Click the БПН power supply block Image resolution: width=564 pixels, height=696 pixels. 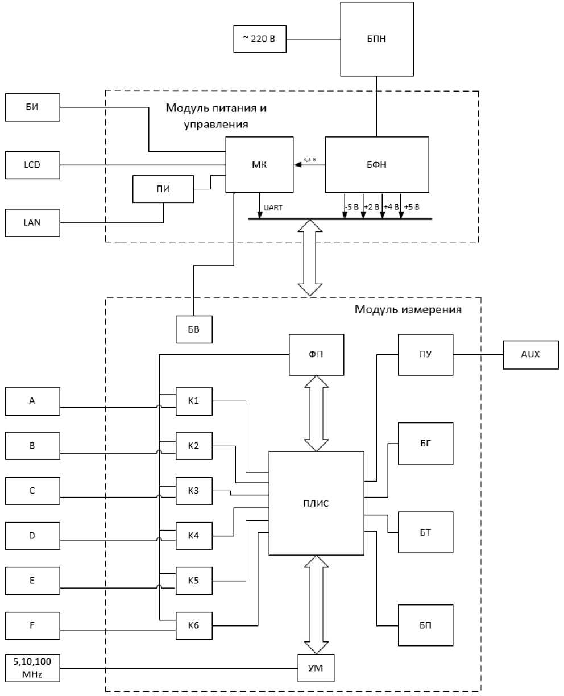(x=377, y=39)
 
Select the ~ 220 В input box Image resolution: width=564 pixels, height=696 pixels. (x=260, y=39)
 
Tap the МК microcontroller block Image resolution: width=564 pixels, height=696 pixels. (x=259, y=165)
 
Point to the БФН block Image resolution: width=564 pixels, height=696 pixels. (x=377, y=165)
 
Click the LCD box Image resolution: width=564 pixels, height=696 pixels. (x=32, y=165)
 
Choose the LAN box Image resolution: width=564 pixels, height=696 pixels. (x=32, y=223)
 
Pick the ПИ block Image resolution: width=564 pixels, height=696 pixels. (x=163, y=189)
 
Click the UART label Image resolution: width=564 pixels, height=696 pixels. (x=273, y=208)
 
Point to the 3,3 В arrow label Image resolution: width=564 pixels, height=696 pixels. (x=309, y=160)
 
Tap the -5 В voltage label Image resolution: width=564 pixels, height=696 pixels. (x=352, y=207)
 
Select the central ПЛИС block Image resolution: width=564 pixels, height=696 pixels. (x=316, y=503)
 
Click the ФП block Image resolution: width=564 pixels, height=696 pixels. (x=316, y=354)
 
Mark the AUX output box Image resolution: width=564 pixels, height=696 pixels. (x=531, y=355)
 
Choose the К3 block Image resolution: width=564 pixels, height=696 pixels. (x=194, y=491)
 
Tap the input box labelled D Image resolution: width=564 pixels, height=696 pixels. (x=32, y=536)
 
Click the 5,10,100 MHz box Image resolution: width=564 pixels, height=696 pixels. (x=32, y=668)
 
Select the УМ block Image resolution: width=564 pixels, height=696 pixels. (x=316, y=668)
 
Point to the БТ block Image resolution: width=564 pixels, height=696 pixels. (x=425, y=532)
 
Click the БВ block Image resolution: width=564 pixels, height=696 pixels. (x=194, y=329)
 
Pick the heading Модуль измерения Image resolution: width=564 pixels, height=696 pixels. (x=408, y=309)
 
